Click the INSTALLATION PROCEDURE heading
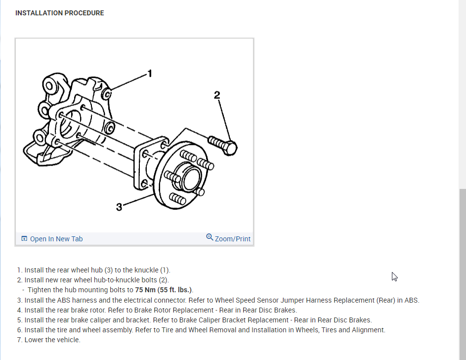[59, 13]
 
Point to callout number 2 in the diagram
[217, 94]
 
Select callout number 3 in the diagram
[119, 207]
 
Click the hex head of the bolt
[230, 147]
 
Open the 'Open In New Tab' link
[56, 239]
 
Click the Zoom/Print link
[232, 239]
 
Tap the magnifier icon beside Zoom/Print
[210, 237]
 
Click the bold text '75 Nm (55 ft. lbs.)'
[163, 290]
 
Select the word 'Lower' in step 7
[34, 340]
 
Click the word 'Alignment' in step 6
[368, 330]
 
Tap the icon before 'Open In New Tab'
[24, 239]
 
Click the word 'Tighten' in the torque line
[41, 290]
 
